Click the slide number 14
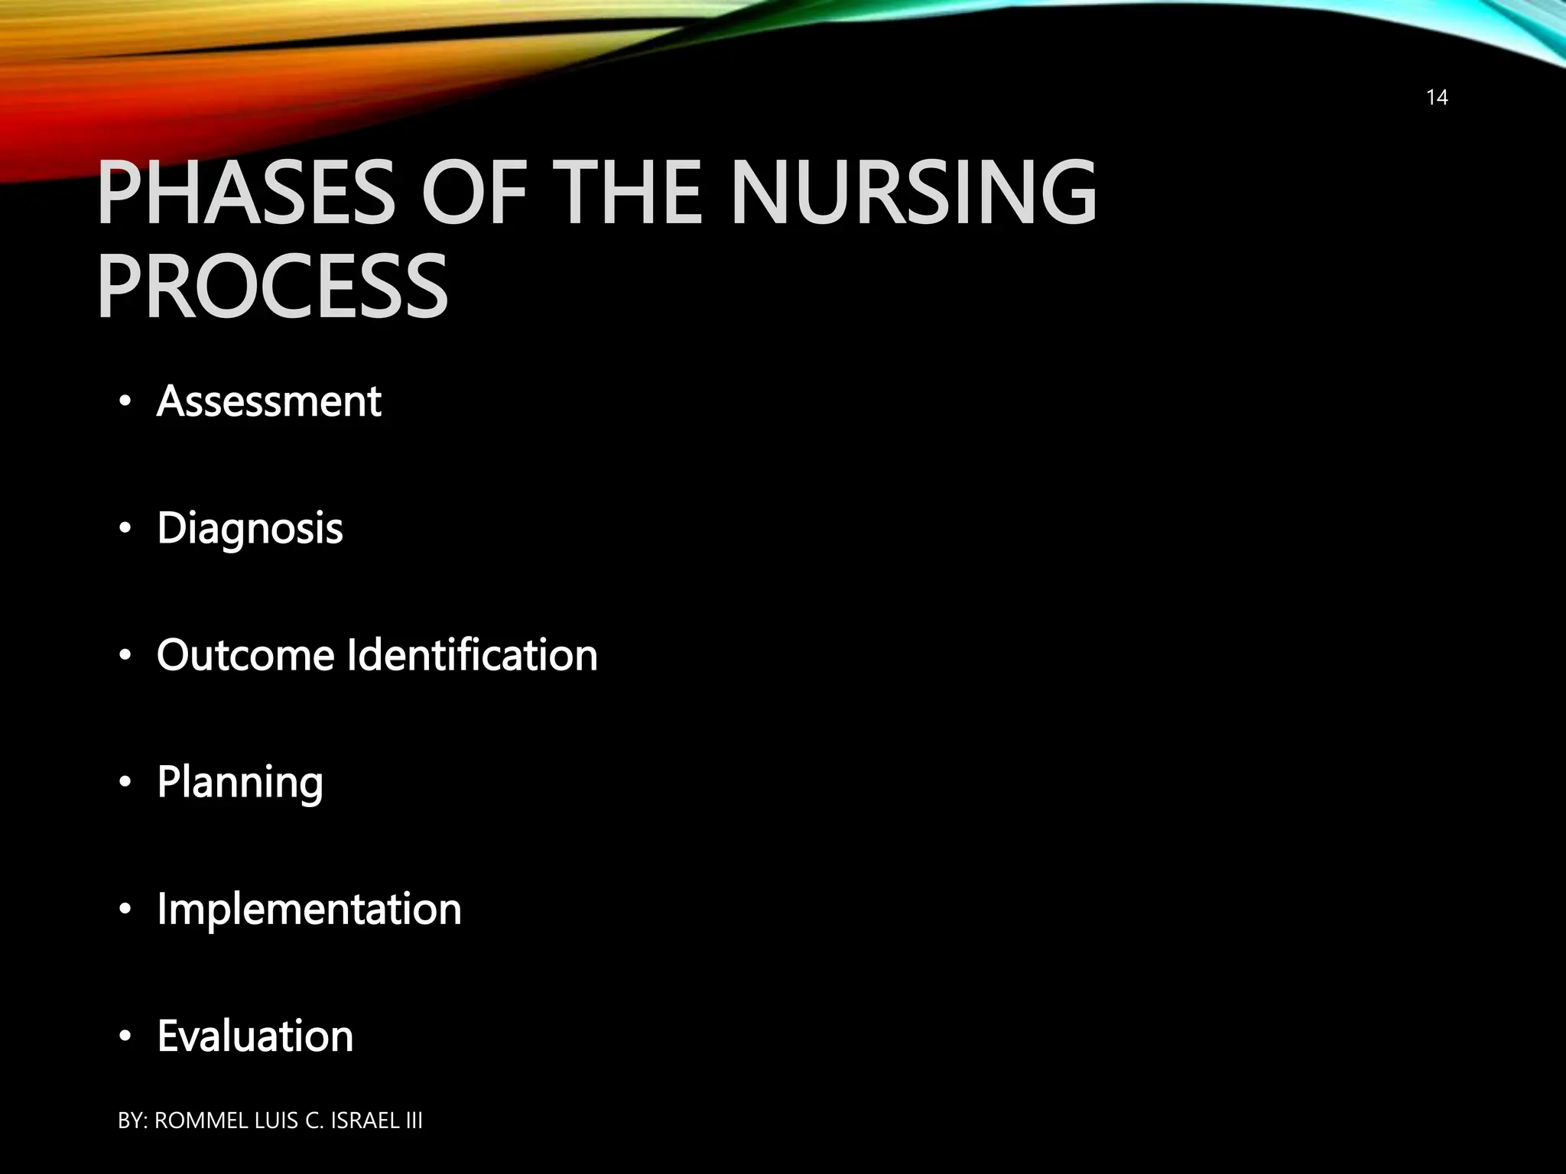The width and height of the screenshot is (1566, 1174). click(x=1437, y=97)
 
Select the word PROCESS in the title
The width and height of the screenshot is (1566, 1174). click(x=272, y=287)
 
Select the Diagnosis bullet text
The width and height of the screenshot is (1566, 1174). click(x=250, y=529)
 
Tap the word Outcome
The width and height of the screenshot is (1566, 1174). click(x=245, y=655)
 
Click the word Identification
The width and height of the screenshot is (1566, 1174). click(x=472, y=655)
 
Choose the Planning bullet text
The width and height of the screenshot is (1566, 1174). click(x=240, y=783)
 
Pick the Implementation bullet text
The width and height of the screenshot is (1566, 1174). click(x=309, y=910)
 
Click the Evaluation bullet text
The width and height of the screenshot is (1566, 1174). click(x=255, y=1036)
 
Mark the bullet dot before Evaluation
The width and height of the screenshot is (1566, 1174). click(x=125, y=1037)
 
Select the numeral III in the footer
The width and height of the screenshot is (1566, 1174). click(x=414, y=1120)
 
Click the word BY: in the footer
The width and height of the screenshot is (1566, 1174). click(x=133, y=1120)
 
